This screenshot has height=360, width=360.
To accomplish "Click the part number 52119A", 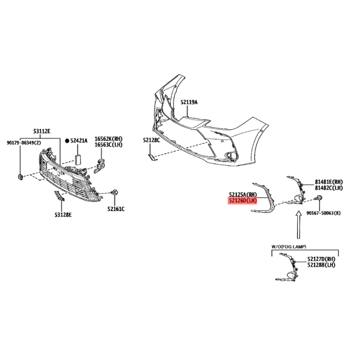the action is [189, 102].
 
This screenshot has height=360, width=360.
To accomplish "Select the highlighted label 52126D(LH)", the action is [242, 201].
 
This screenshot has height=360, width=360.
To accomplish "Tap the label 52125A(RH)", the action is [243, 194].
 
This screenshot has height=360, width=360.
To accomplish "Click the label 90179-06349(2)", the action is [24, 143].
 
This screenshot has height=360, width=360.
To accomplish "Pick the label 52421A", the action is [79, 140].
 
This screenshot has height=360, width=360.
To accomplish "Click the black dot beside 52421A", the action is [67, 141].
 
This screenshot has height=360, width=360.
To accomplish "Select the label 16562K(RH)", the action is [109, 139].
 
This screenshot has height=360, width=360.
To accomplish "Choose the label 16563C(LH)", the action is [109, 145].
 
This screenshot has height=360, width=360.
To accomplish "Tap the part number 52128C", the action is [151, 140].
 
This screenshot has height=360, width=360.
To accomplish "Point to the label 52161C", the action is [116, 209].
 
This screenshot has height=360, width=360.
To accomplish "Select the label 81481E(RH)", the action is [329, 182].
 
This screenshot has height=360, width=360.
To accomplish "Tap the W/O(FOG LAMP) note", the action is [289, 247].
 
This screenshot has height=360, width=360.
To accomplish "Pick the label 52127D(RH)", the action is [321, 259].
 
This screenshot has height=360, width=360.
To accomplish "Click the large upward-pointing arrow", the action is [298, 225].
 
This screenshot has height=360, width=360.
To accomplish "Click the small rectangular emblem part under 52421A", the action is [78, 159].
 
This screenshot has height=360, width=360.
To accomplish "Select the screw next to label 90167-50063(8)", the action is [319, 198].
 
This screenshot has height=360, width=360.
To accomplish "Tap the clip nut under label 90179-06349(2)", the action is [20, 177].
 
